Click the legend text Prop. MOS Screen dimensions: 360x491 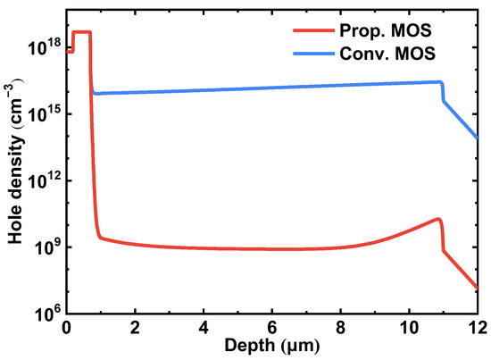[x=390, y=31]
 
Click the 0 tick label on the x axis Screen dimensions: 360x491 [x=66, y=327]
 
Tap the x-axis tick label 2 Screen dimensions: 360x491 [x=135, y=327]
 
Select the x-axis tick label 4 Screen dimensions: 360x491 [x=204, y=327]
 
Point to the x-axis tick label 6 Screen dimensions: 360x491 [x=272, y=327]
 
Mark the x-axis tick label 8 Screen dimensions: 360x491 [x=341, y=327]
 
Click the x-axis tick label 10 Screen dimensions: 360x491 [x=409, y=327]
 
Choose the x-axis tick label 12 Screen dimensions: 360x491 [x=477, y=327]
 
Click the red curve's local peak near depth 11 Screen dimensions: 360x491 [x=438, y=219]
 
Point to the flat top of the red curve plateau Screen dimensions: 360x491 [x=81, y=32]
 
